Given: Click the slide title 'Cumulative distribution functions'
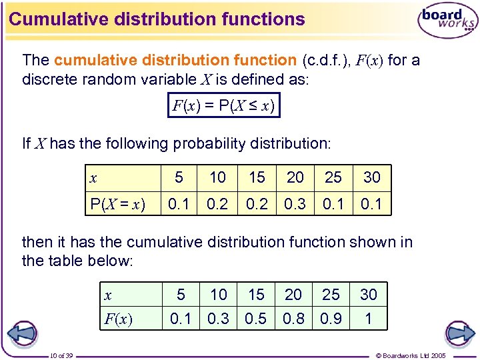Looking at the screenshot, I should [x=157, y=19].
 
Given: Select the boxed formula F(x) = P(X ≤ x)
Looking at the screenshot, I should [x=223, y=105].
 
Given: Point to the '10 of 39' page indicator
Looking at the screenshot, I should [x=62, y=355].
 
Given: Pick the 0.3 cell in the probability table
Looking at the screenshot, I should [x=295, y=203].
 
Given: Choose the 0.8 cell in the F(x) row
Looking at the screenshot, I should [x=294, y=319].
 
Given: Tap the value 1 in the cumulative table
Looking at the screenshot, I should [x=368, y=319].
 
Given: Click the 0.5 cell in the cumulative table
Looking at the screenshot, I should [x=257, y=319].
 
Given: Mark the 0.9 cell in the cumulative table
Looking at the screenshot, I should [x=331, y=319].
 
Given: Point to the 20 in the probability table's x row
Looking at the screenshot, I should [x=295, y=177].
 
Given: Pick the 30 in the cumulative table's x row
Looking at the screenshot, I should [x=369, y=294].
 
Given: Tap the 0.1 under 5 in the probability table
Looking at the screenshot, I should [x=179, y=203].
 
